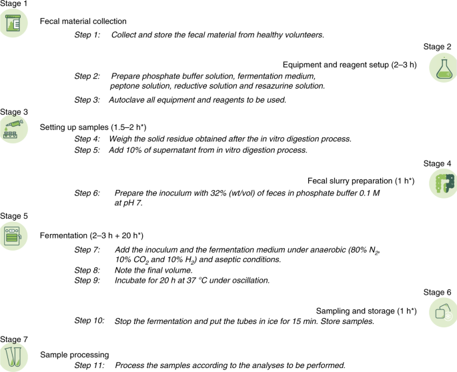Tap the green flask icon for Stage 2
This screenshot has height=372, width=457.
442,69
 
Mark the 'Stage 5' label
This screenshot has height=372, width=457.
14,217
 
